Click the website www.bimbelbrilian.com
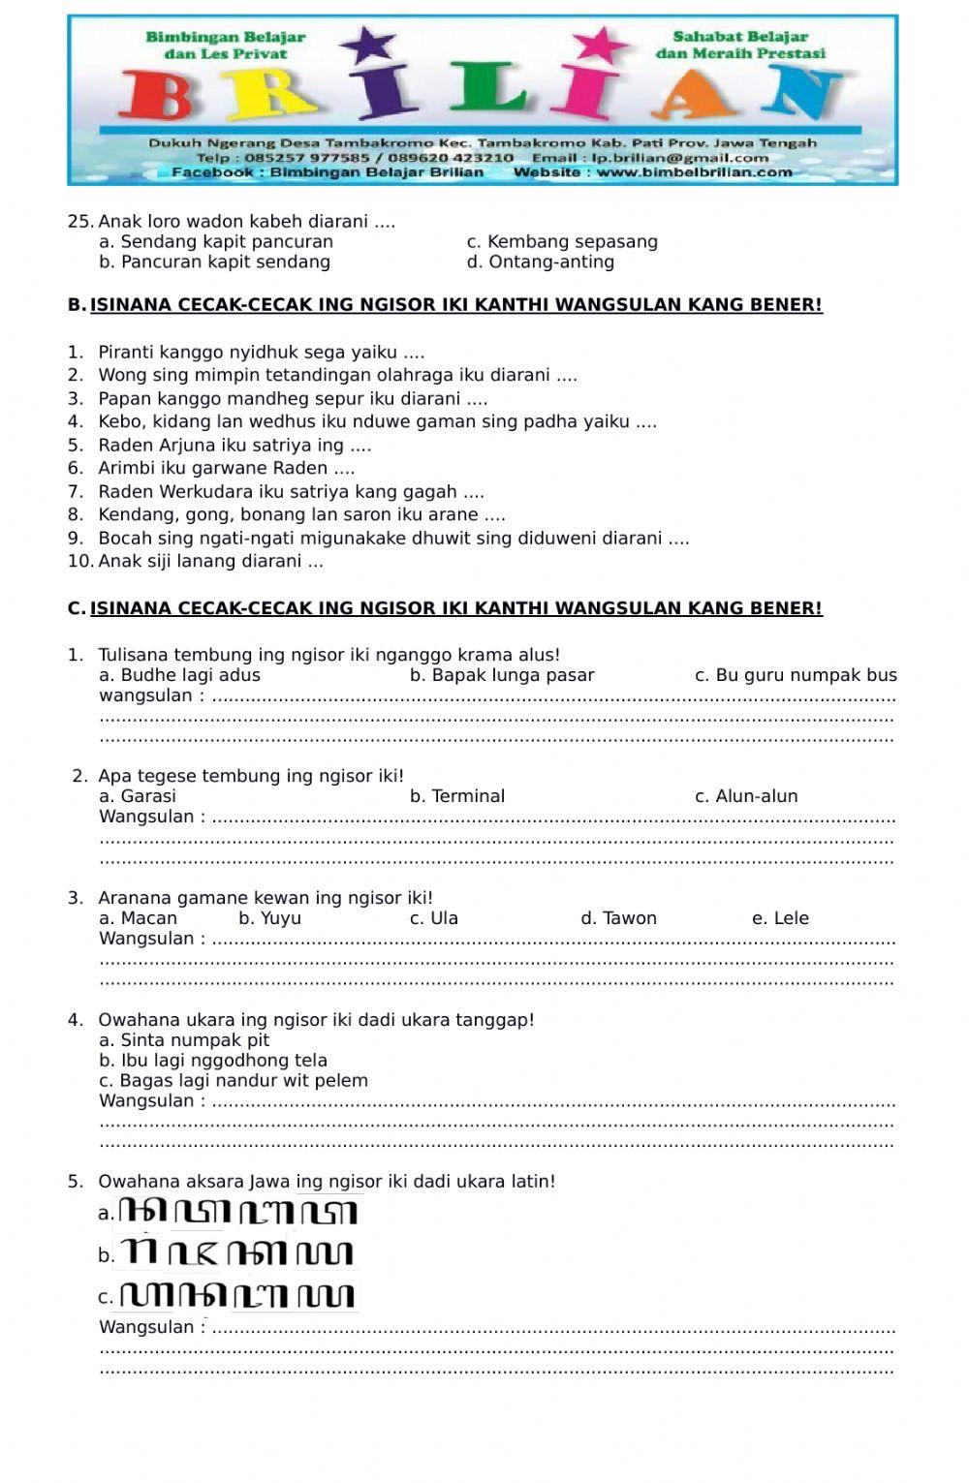click(x=694, y=172)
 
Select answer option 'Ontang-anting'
click(x=550, y=263)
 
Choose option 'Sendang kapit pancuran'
click(x=226, y=242)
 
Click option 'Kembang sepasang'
click(x=572, y=242)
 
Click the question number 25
click(x=79, y=222)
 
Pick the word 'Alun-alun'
click(x=756, y=797)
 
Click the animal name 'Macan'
click(x=148, y=918)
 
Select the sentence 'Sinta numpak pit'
click(x=194, y=1040)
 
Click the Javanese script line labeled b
click(x=237, y=1254)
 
